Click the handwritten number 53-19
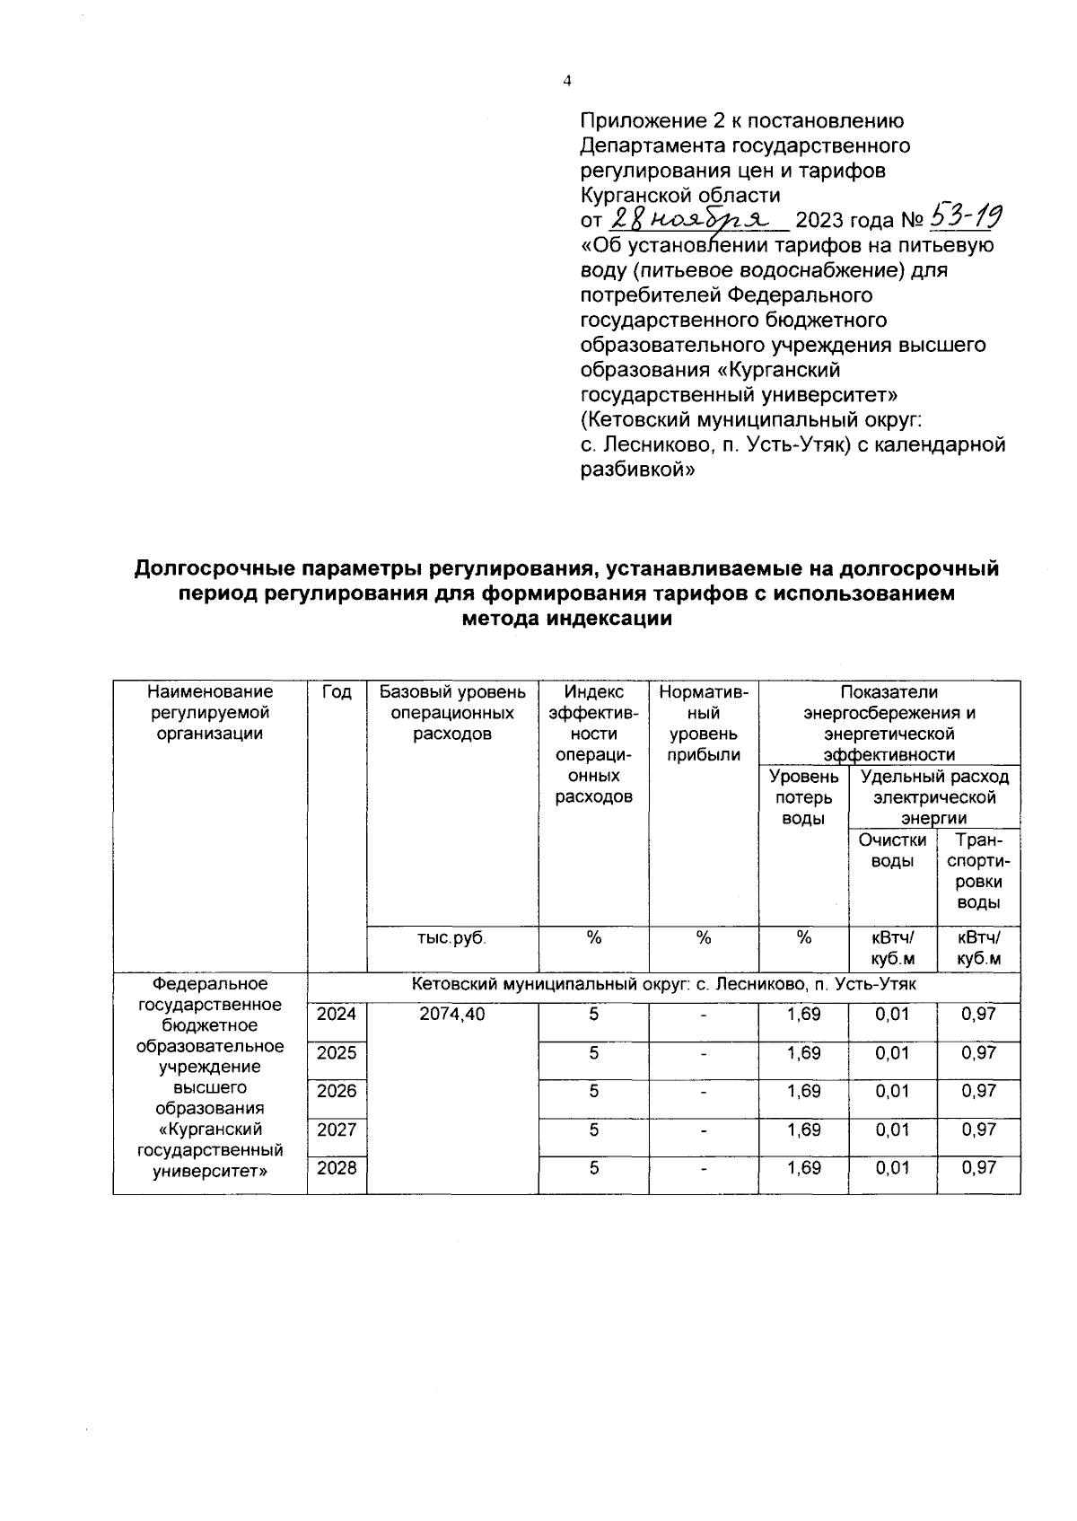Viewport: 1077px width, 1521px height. click(x=966, y=215)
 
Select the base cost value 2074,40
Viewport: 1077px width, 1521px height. click(x=452, y=1014)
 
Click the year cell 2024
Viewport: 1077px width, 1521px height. click(x=337, y=1014)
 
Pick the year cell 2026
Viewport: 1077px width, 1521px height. click(x=337, y=1091)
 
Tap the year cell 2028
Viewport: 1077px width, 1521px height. click(x=337, y=1168)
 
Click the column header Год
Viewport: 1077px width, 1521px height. click(x=337, y=692)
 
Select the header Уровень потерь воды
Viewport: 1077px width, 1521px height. click(x=803, y=796)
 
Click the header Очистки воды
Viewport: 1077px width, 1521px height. click(x=892, y=850)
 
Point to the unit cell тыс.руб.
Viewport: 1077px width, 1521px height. click(x=452, y=938)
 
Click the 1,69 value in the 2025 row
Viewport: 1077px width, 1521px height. click(x=803, y=1052)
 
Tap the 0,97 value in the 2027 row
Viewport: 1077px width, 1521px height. click(x=978, y=1130)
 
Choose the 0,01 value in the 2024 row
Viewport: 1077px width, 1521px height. click(x=892, y=1014)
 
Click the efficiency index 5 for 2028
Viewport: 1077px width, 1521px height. click(x=593, y=1168)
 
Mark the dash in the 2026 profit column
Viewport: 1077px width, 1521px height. click(x=704, y=1092)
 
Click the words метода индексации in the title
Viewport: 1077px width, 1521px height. click(x=566, y=619)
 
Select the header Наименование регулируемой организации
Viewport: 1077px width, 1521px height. click(x=210, y=712)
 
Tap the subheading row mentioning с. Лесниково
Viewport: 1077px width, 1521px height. click(x=663, y=985)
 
